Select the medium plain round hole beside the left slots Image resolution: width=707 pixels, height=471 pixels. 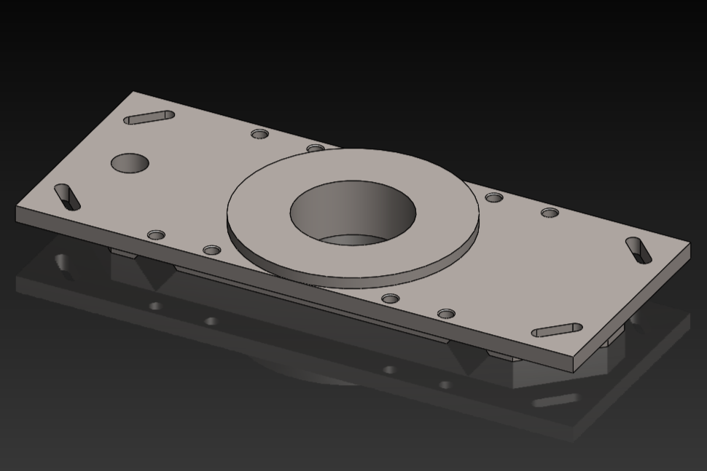click(130, 162)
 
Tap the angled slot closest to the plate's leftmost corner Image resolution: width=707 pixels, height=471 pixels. click(68, 197)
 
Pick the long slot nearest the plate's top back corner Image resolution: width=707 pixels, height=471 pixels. click(149, 117)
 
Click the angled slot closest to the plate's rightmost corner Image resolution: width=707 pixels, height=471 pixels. click(638, 250)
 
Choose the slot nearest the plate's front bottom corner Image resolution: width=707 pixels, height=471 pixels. click(556, 331)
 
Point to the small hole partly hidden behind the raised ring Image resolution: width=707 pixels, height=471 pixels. click(316, 149)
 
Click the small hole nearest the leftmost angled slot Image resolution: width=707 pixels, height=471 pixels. click(156, 235)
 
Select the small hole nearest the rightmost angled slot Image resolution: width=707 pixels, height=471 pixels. click(550, 213)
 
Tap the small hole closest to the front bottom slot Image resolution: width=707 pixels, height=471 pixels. click(446, 314)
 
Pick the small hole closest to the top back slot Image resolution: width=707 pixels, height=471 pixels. click(260, 134)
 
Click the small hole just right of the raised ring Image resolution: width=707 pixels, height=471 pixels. click(494, 197)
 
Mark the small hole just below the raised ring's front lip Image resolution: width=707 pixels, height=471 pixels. click(391, 298)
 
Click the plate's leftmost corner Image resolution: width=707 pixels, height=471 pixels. click(17, 209)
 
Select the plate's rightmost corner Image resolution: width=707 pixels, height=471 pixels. click(689, 245)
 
